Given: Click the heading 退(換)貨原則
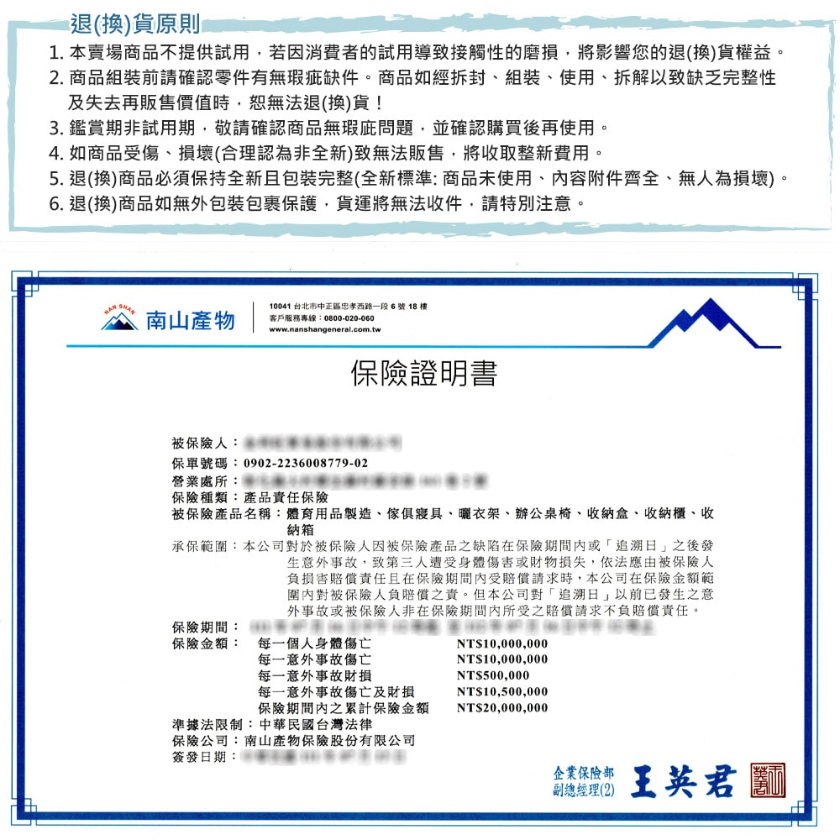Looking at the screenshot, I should (135, 21).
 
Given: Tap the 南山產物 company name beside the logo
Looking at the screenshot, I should (190, 320).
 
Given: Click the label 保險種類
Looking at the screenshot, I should (201, 496).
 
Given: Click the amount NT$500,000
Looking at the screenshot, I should (493, 675).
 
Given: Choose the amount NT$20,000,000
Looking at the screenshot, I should (501, 707).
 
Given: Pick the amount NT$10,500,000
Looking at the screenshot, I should (501, 691).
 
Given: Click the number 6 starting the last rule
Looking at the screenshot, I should (55, 203).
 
